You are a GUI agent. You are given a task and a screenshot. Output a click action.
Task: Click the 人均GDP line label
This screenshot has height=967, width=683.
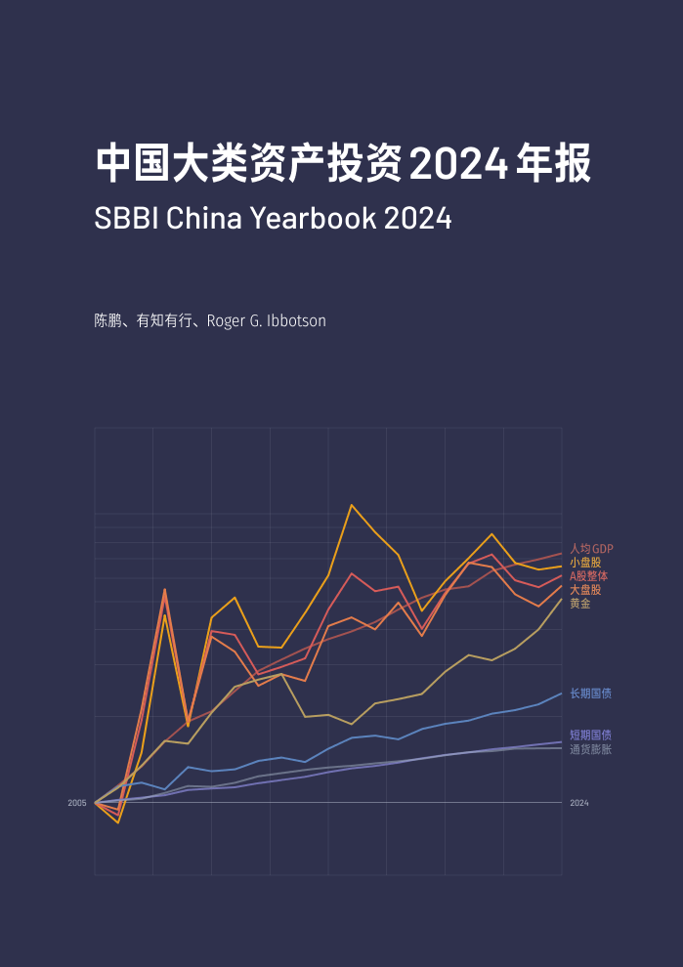tap(591, 549)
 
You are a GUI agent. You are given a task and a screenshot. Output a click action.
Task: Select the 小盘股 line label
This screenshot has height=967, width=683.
tap(585, 563)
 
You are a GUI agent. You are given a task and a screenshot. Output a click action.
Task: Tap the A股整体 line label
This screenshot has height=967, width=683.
tap(588, 576)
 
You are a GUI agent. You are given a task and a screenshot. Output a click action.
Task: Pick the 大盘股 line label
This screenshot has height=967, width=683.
tap(585, 590)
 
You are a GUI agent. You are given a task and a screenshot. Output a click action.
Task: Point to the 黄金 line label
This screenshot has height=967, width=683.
tap(580, 604)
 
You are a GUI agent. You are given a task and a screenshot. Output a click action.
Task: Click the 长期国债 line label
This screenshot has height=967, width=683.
tap(590, 694)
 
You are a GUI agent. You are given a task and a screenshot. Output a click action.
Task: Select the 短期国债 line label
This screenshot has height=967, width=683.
tap(590, 735)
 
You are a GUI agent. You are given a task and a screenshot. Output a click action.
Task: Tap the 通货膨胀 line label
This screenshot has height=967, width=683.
tap(590, 749)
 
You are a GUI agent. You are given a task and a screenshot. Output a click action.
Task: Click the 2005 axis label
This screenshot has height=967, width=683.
tap(77, 803)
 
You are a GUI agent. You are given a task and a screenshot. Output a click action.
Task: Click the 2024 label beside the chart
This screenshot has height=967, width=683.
tap(578, 803)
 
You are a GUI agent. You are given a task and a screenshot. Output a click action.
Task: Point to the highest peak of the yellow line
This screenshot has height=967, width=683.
tap(352, 505)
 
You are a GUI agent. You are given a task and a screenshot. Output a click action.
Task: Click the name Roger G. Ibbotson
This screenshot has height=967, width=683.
tap(267, 320)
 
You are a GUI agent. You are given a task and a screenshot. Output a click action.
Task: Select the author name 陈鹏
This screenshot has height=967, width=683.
tap(107, 320)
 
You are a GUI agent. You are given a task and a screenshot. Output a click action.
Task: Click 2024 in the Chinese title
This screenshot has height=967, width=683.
tap(456, 164)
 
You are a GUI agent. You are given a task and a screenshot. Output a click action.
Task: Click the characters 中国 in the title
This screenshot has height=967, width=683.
tap(132, 164)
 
